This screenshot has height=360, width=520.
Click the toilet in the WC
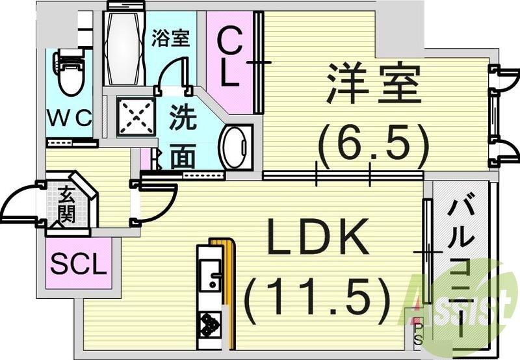point(67,73)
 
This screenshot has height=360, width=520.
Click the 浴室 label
point(170,38)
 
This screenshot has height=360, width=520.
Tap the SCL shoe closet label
point(78,264)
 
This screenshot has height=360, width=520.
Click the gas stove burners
point(210,323)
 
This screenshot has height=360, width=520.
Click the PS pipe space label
point(417,333)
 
